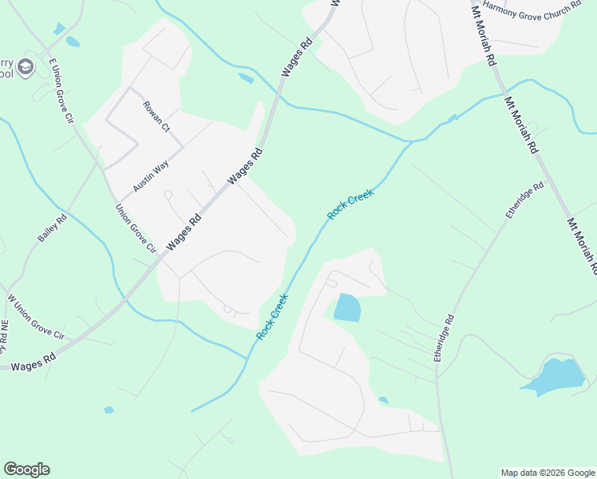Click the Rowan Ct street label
click(x=156, y=117)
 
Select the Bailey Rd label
click(x=52, y=228)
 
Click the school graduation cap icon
click(x=26, y=67)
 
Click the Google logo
click(x=26, y=469)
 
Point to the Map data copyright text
click(x=547, y=473)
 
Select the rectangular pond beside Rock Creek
click(x=347, y=307)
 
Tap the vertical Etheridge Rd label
click(x=444, y=338)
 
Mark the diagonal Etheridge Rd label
click(x=524, y=200)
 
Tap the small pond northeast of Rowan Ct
click(x=246, y=78)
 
